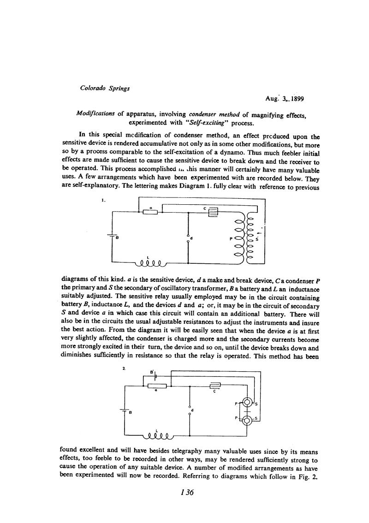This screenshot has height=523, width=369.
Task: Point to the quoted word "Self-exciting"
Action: point(204,123)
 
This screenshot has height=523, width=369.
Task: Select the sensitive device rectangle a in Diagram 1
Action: point(150,212)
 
